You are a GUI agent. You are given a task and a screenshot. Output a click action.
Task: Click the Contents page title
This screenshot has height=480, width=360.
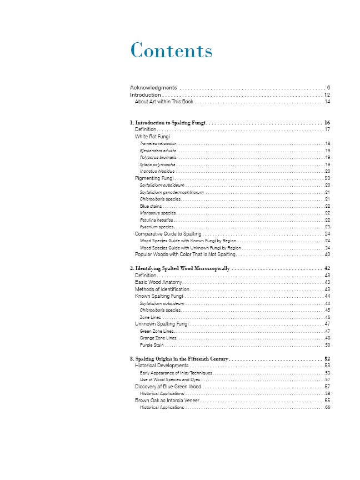[171, 51]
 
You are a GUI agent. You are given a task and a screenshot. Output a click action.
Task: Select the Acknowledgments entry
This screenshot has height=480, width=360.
[153, 88]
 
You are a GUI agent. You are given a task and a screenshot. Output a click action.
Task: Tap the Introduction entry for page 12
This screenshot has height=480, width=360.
[145, 95]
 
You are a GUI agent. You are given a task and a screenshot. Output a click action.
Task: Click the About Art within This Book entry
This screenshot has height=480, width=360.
[164, 102]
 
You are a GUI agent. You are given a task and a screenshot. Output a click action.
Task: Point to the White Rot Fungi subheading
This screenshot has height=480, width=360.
[152, 136]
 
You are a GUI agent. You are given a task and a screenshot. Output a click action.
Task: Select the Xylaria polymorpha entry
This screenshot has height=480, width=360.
[158, 164]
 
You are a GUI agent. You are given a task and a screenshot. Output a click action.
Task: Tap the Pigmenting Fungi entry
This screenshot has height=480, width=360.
[155, 178]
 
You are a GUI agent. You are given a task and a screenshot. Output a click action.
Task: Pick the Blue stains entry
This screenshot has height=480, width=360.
[151, 206]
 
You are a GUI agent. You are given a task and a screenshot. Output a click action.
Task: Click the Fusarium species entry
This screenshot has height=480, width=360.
[157, 227]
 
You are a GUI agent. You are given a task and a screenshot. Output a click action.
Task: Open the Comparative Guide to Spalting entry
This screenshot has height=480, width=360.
[168, 234]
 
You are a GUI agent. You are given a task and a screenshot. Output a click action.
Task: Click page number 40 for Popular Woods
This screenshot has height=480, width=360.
[327, 254]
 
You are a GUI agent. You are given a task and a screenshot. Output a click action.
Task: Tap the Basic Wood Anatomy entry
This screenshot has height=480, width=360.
[158, 282]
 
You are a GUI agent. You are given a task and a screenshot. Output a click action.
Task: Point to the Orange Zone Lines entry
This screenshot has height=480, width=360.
[158, 338]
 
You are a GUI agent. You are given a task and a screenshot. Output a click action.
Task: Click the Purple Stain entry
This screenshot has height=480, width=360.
[151, 345]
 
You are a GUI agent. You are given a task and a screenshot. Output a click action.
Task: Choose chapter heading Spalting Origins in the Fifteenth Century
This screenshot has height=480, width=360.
[178, 359]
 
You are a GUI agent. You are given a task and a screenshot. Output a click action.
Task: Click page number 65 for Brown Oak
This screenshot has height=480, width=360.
[327, 400]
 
